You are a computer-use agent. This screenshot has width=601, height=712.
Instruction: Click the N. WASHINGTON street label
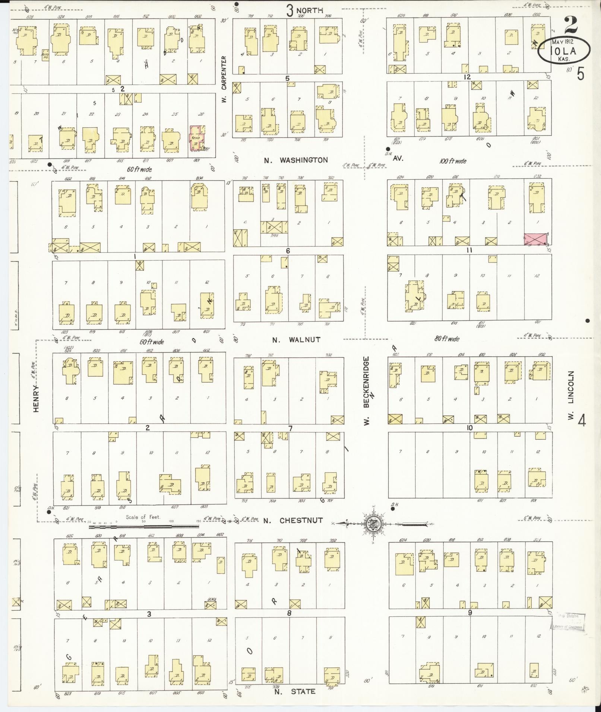tap(296, 160)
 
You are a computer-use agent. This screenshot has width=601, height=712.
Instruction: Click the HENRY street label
tap(36, 398)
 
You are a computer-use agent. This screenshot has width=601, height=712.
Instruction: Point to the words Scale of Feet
tap(143, 517)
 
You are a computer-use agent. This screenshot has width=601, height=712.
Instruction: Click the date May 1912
tap(562, 42)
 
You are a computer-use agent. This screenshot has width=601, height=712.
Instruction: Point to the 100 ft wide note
tap(452, 161)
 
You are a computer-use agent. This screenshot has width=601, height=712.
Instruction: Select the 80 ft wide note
tap(447, 339)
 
